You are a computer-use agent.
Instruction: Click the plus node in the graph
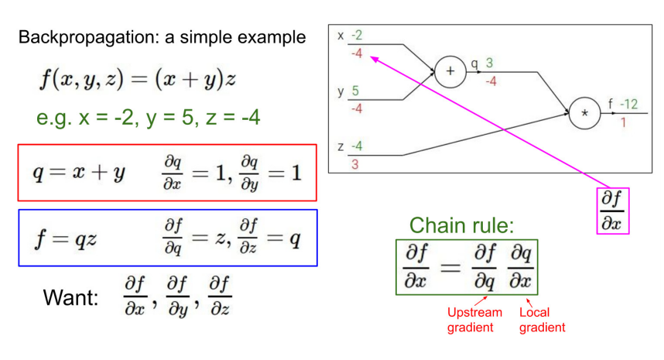[448, 72]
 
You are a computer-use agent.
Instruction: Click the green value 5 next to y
[355, 91]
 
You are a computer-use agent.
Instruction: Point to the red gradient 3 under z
[355, 164]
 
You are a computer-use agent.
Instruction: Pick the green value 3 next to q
[489, 63]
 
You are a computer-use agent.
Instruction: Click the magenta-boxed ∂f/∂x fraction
[613, 209]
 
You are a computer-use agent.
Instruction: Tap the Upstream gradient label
[474, 320]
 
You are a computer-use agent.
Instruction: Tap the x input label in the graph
[341, 36]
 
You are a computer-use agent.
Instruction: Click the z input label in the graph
[341, 146]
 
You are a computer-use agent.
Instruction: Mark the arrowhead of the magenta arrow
[373, 57]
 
